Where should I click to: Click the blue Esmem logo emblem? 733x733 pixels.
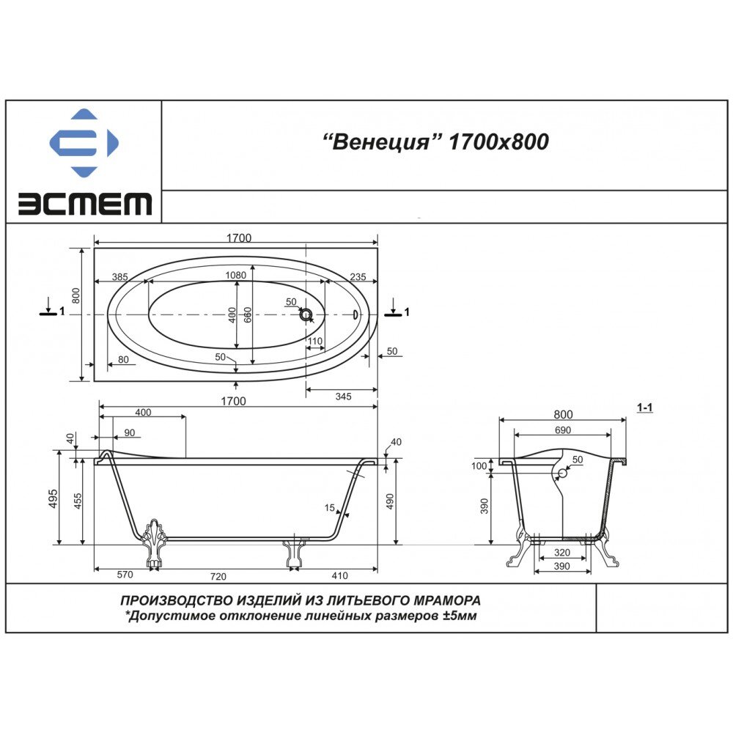(x=84, y=142)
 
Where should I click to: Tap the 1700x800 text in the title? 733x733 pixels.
(x=498, y=141)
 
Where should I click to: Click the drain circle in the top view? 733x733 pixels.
(x=306, y=314)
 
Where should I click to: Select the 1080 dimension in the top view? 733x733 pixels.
(x=235, y=275)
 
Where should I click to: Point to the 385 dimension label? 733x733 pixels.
(x=119, y=277)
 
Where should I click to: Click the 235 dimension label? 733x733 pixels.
(x=358, y=277)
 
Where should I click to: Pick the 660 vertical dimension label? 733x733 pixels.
(x=248, y=314)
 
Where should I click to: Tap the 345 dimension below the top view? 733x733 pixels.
(x=343, y=397)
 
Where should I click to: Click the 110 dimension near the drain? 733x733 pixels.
(x=315, y=342)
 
